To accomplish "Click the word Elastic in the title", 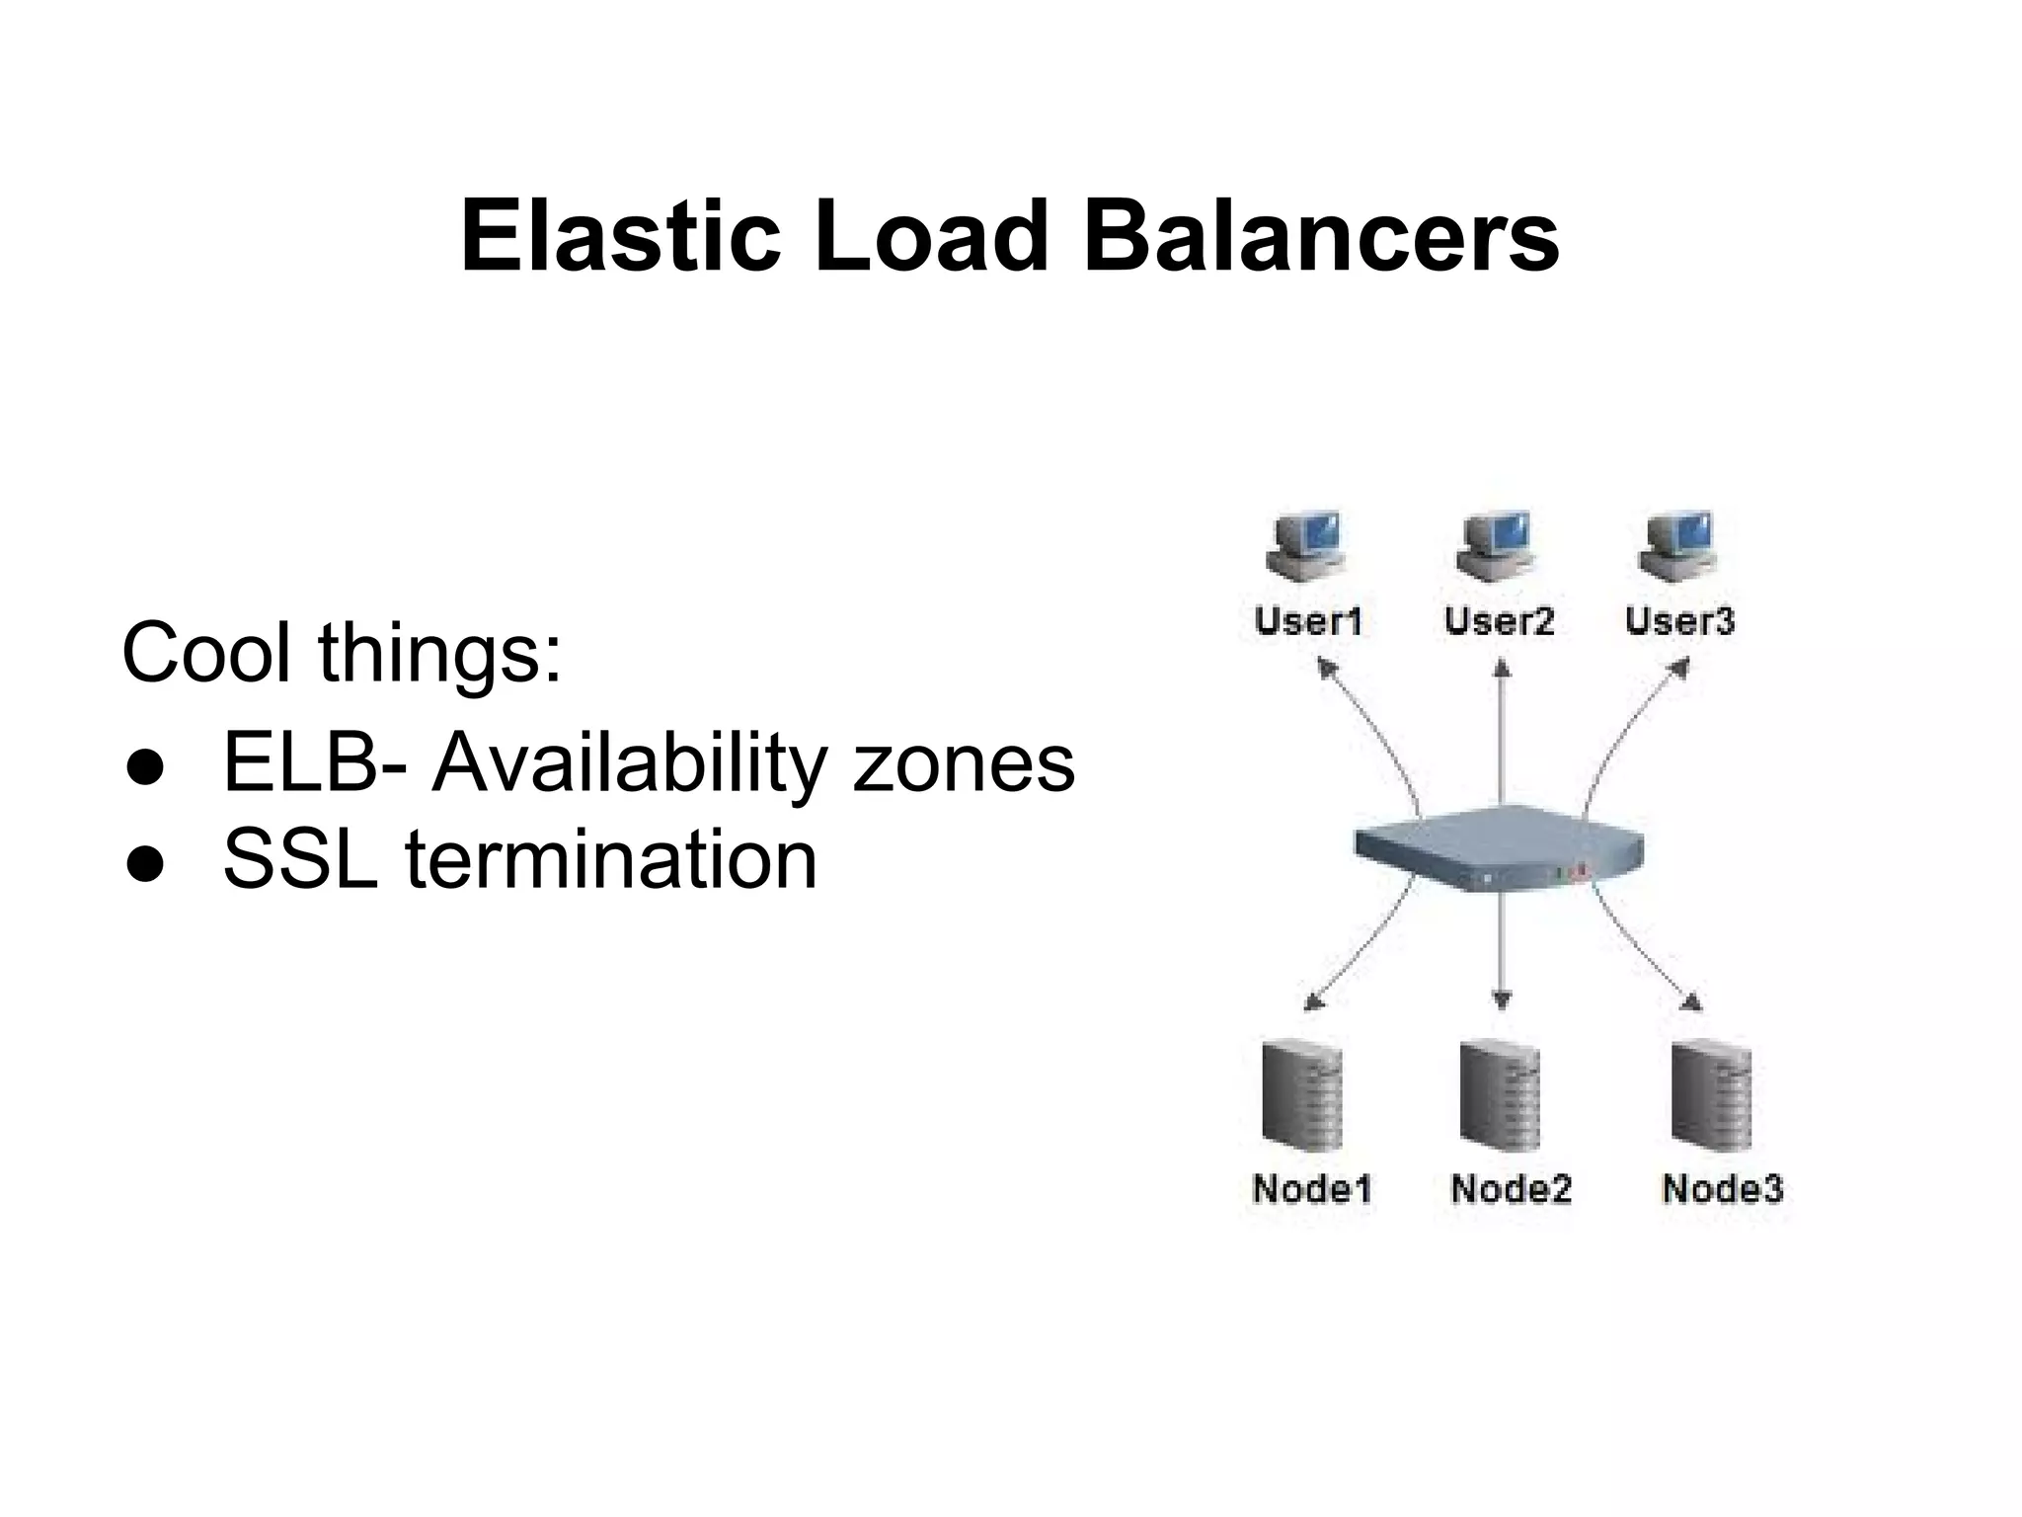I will pos(621,237).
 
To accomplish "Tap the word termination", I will pos(611,860).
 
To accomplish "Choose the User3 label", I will pos(1679,621).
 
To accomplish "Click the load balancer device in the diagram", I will pos(1498,848).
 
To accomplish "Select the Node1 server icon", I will pos(1301,1096).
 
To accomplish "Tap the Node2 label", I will pos(1511,1188).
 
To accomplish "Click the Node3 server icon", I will pos(1711,1096).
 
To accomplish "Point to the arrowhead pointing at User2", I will pos(1502,670).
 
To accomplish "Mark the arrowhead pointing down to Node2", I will pos(1502,1000).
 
